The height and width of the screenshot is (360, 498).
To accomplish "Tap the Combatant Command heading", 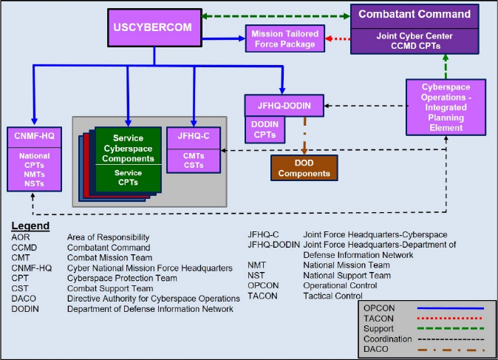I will tap(414, 15).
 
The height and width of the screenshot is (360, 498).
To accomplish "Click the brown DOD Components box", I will tap(304, 168).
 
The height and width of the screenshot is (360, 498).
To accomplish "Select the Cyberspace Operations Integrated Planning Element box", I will tap(446, 107).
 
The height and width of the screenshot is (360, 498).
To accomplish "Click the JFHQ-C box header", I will tap(193, 135).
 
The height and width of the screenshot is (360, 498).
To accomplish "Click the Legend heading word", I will tap(30, 225).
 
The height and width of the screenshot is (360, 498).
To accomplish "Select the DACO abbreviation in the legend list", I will tap(24, 298).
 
